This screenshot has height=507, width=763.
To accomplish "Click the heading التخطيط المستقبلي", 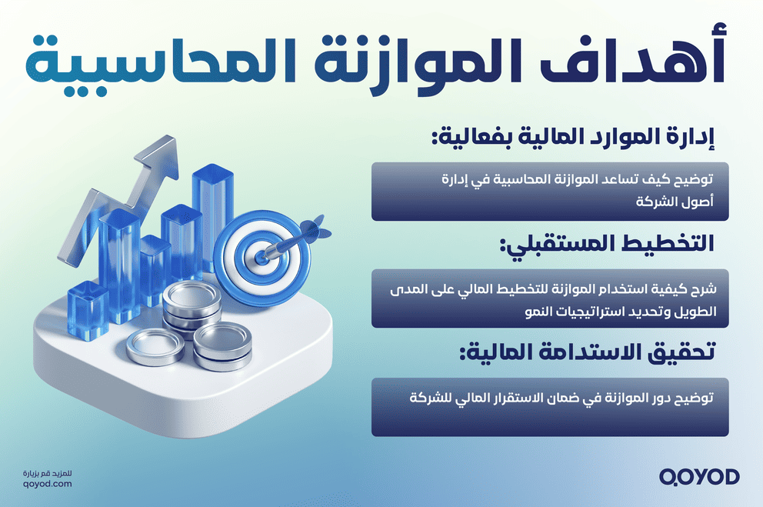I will pos(607,245).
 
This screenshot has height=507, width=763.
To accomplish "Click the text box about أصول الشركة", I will pos(551,191).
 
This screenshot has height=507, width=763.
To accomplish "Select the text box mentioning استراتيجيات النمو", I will pos(551,299).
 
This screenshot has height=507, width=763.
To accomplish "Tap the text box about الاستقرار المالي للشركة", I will pos(551,407).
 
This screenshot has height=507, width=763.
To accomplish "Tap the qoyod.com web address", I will pos(48,483).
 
